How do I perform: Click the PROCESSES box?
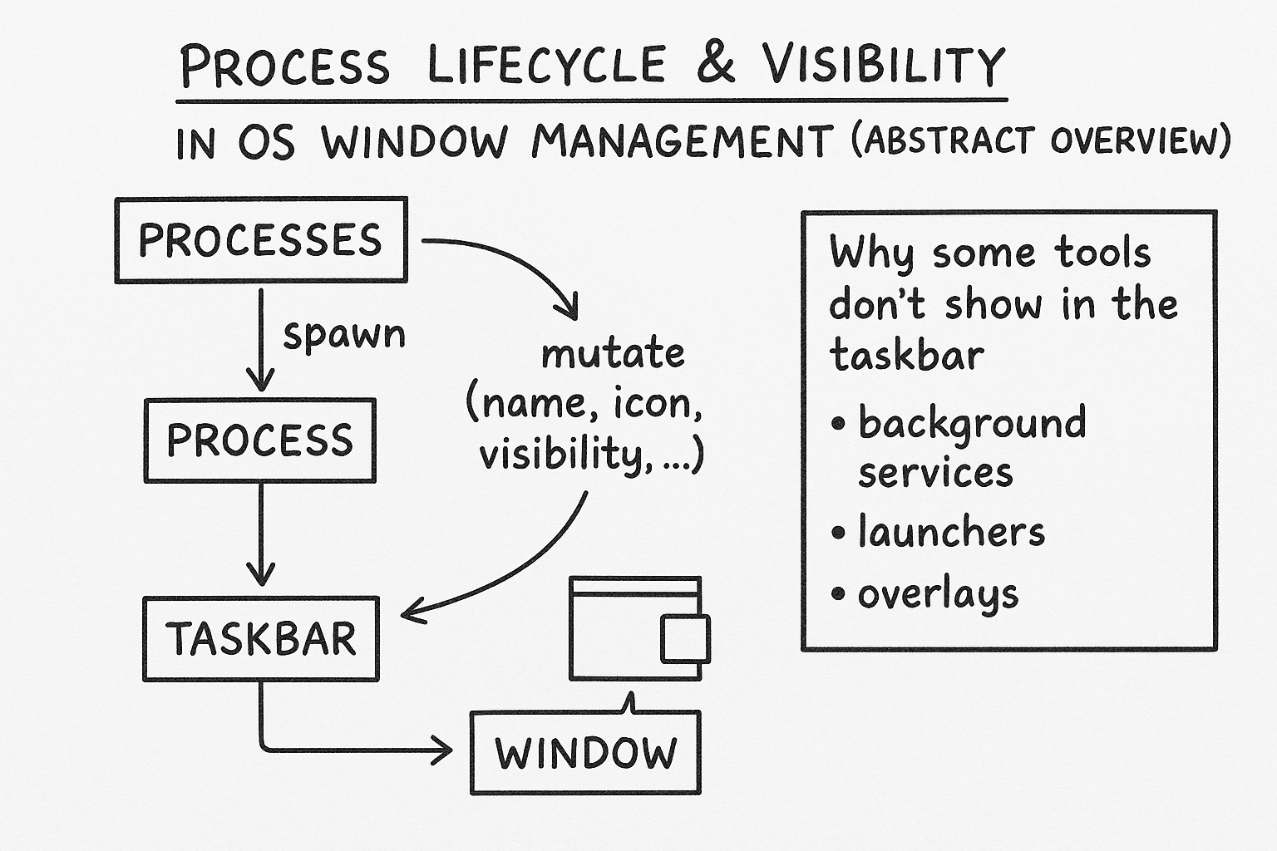tap(260, 239)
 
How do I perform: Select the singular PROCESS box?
tap(259, 440)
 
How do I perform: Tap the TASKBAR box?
tap(261, 638)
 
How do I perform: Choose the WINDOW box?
tap(585, 753)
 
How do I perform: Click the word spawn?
tap(344, 335)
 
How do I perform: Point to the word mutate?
tap(613, 354)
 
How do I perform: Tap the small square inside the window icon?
tap(685, 639)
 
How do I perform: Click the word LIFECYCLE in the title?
tap(546, 65)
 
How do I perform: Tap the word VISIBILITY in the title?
tap(884, 65)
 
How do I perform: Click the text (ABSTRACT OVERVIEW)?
tap(1039, 141)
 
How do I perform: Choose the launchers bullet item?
tap(950, 532)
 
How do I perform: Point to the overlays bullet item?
tap(937, 595)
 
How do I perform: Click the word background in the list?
tap(972, 423)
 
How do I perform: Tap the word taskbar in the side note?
tap(906, 356)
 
